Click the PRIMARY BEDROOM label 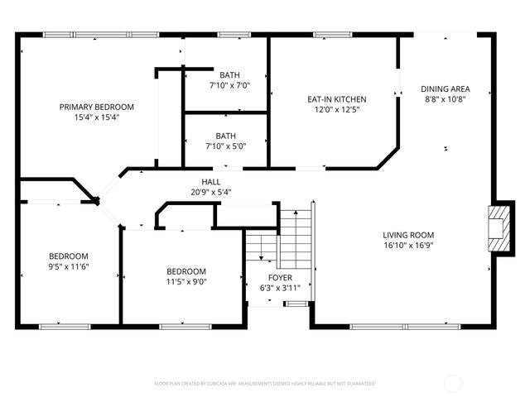(96, 107)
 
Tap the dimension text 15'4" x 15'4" (96, 117)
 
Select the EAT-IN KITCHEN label (337, 99)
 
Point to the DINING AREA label (446, 88)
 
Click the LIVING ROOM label (408, 234)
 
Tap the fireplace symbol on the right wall (497, 228)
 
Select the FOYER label (279, 277)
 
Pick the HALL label (210, 182)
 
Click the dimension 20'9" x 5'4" (210, 192)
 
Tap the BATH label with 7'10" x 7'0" (229, 74)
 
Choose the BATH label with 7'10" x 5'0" (225, 136)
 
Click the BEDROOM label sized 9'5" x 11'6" (68, 256)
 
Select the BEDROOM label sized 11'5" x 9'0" (186, 271)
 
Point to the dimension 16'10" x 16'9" (408, 245)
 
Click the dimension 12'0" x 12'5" (337, 109)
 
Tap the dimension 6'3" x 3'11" (279, 287)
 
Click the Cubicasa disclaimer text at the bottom (265, 384)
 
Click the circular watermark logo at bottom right (453, 383)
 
